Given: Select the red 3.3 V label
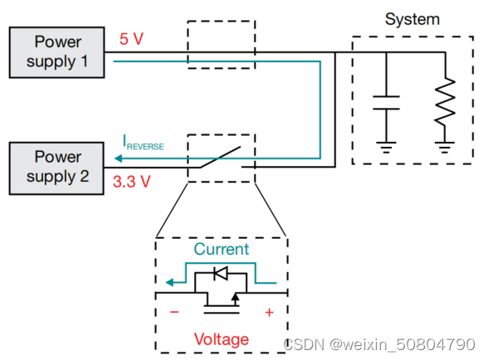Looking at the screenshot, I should [x=131, y=182].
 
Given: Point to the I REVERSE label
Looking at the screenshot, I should [x=143, y=145].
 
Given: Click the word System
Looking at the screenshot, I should [x=412, y=18].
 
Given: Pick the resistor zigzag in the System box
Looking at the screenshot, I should [x=447, y=102].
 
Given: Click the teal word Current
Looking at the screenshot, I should [x=221, y=249].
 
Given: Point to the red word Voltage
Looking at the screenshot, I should [x=221, y=339].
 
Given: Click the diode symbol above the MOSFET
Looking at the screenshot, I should [x=220, y=273].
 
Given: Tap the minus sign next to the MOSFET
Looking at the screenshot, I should [x=174, y=313].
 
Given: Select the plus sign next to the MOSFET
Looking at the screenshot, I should [x=268, y=313].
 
